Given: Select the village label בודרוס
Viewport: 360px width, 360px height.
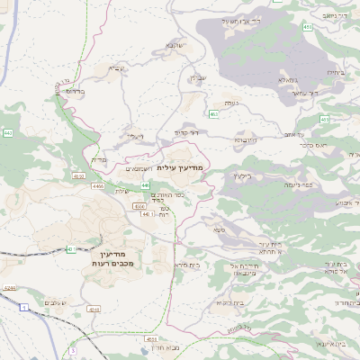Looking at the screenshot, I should pyautogui.click(x=75, y=91).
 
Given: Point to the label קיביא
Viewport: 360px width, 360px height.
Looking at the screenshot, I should pyautogui.click(x=117, y=67).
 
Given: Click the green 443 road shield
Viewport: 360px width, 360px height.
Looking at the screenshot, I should pyautogui.click(x=8, y=133).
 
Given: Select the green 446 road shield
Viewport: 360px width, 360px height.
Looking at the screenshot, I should pyautogui.click(x=145, y=185).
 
